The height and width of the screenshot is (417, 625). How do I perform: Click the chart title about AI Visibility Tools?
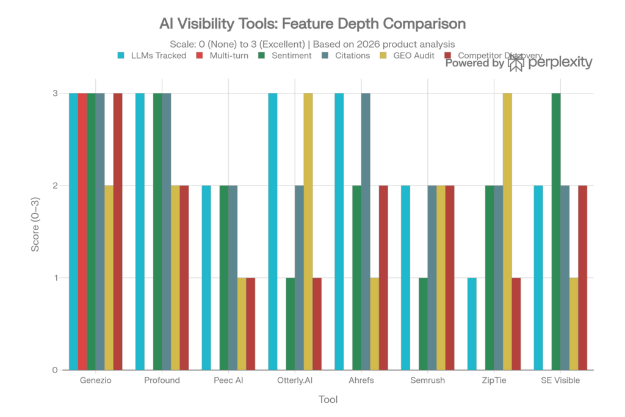tap(312, 24)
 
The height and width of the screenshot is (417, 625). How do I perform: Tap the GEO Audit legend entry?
tap(412, 55)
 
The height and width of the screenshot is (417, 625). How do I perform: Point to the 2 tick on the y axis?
tap(54, 186)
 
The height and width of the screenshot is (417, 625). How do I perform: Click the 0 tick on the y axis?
tap(54, 370)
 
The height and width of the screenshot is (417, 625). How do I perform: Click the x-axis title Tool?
tap(328, 400)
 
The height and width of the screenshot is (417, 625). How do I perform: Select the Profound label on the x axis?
tap(162, 380)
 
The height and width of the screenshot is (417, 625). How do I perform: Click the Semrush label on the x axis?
tap(427, 380)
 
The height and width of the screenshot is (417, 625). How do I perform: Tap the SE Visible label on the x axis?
tap(560, 380)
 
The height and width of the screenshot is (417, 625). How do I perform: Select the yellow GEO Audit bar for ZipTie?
tap(507, 232)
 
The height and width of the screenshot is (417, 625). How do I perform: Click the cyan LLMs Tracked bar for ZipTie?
tap(471, 324)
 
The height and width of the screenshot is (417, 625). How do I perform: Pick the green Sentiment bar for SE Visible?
tap(555, 232)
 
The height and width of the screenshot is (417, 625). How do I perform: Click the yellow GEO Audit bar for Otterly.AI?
tap(308, 232)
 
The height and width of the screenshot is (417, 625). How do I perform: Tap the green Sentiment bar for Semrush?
tap(422, 324)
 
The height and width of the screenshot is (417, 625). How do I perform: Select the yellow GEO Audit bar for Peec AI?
tap(242, 324)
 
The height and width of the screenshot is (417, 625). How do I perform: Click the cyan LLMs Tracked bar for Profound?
tap(139, 232)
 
